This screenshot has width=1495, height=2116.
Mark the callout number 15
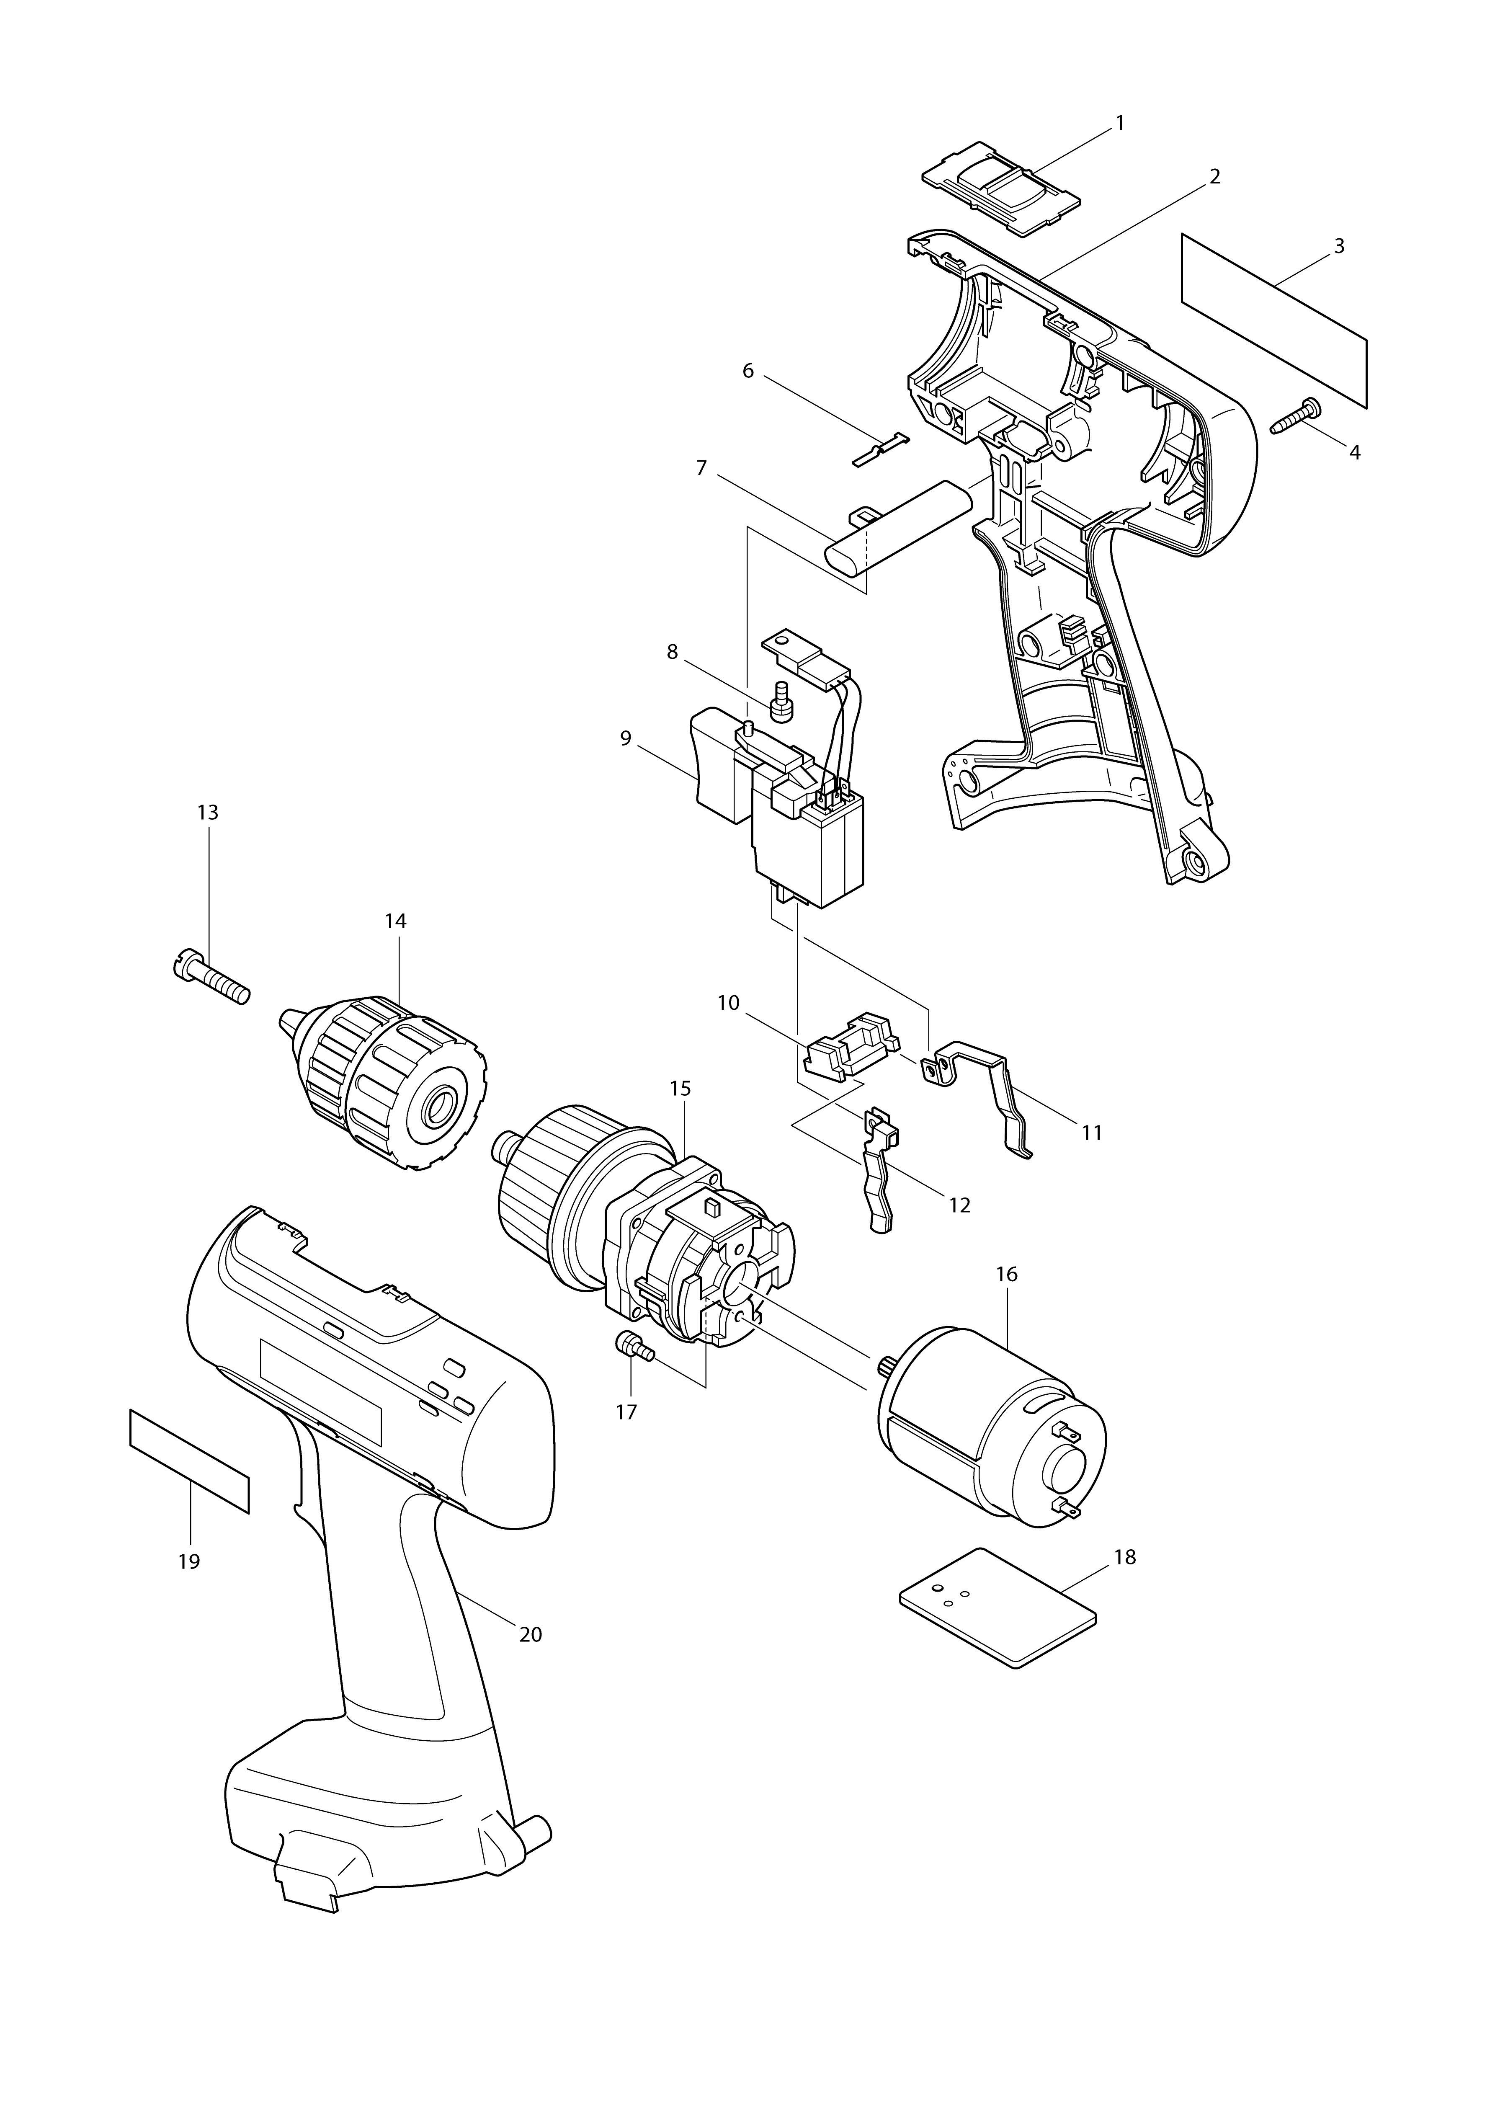point(680,1089)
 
